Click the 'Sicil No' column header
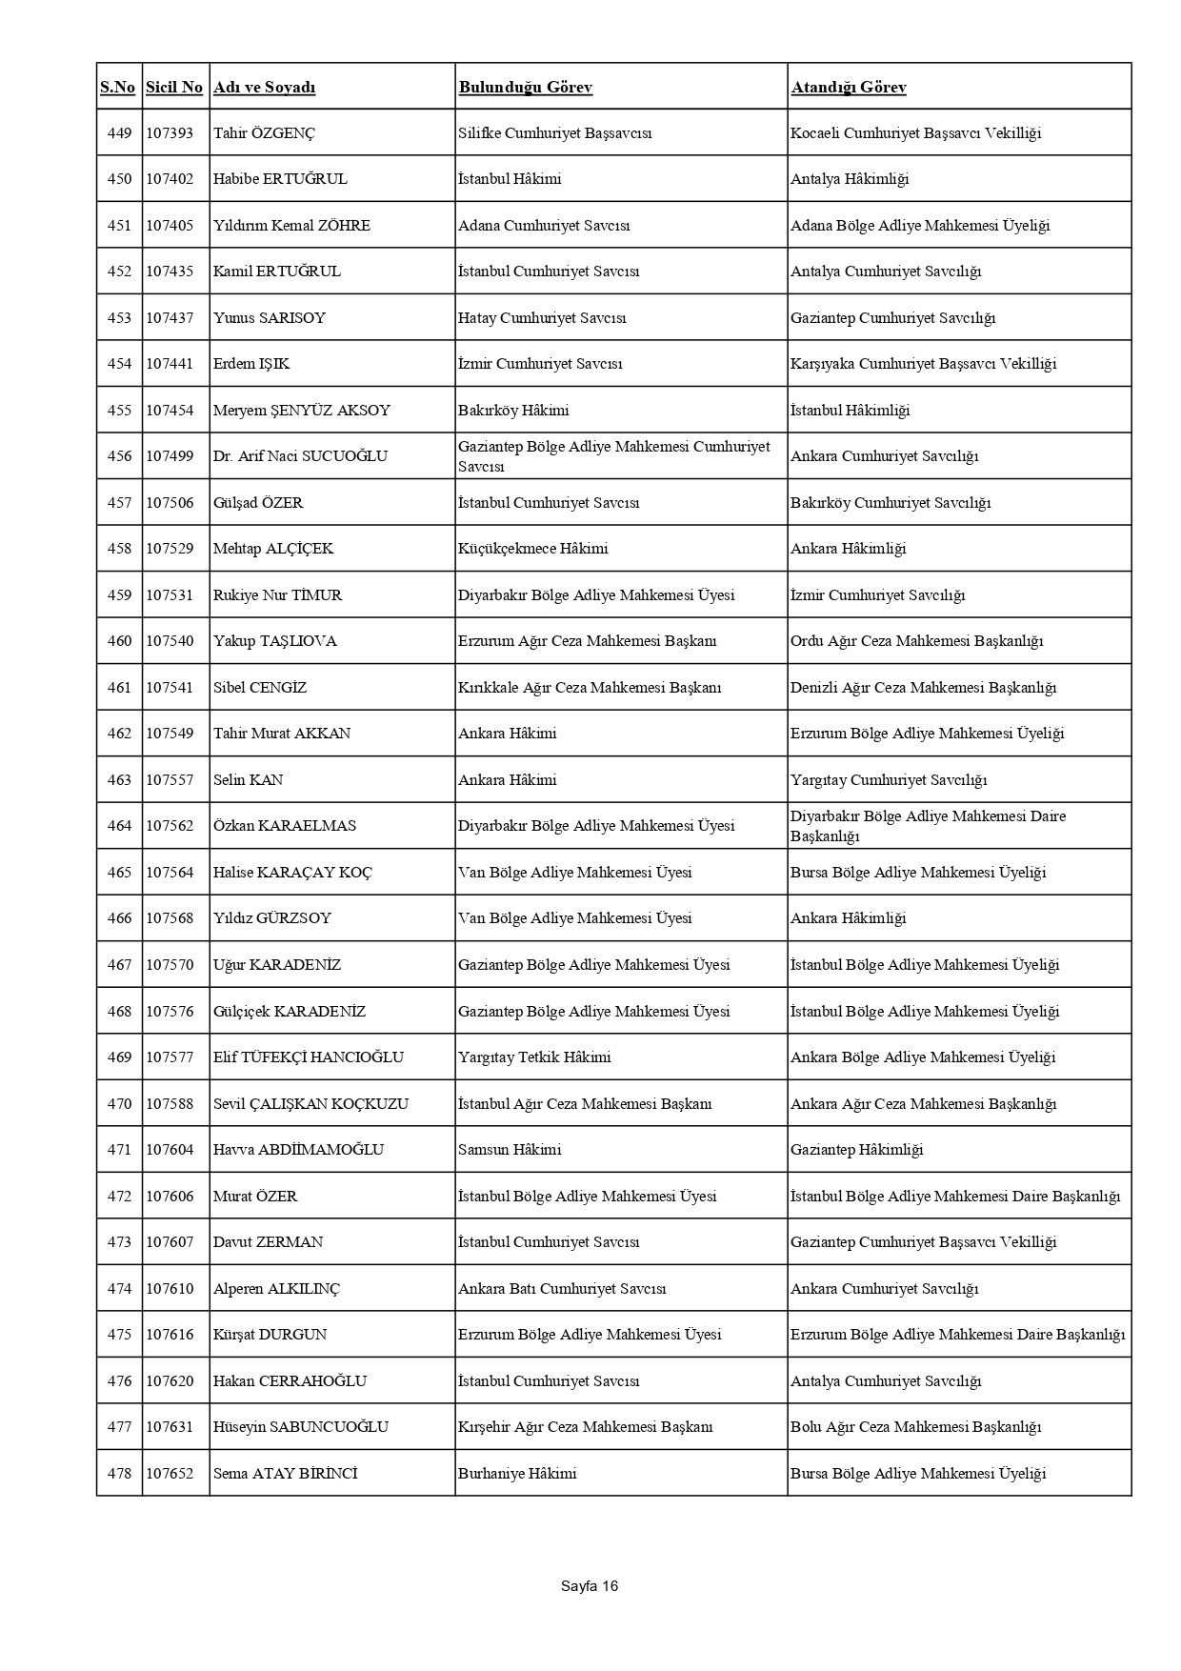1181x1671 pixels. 174,88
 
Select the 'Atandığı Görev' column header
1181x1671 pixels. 848,88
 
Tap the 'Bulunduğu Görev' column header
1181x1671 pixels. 525,88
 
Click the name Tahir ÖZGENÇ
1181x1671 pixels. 264,133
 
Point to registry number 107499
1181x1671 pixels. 170,456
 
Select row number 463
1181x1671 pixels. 119,780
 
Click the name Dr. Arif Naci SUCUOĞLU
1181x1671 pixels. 300,456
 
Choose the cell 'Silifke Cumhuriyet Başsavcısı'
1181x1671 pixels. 554,133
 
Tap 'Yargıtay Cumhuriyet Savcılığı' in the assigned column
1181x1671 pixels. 888,780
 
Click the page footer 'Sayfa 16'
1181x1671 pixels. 590,1586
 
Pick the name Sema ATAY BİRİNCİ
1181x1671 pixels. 285,1474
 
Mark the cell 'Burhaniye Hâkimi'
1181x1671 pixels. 516,1474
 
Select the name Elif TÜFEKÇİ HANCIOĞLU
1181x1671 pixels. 308,1057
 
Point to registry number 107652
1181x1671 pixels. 170,1474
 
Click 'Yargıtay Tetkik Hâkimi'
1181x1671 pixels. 534,1057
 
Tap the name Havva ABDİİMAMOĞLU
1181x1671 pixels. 298,1150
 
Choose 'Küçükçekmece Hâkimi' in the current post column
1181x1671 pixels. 532,549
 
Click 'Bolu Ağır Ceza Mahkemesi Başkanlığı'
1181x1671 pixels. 915,1427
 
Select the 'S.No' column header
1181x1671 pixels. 118,88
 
